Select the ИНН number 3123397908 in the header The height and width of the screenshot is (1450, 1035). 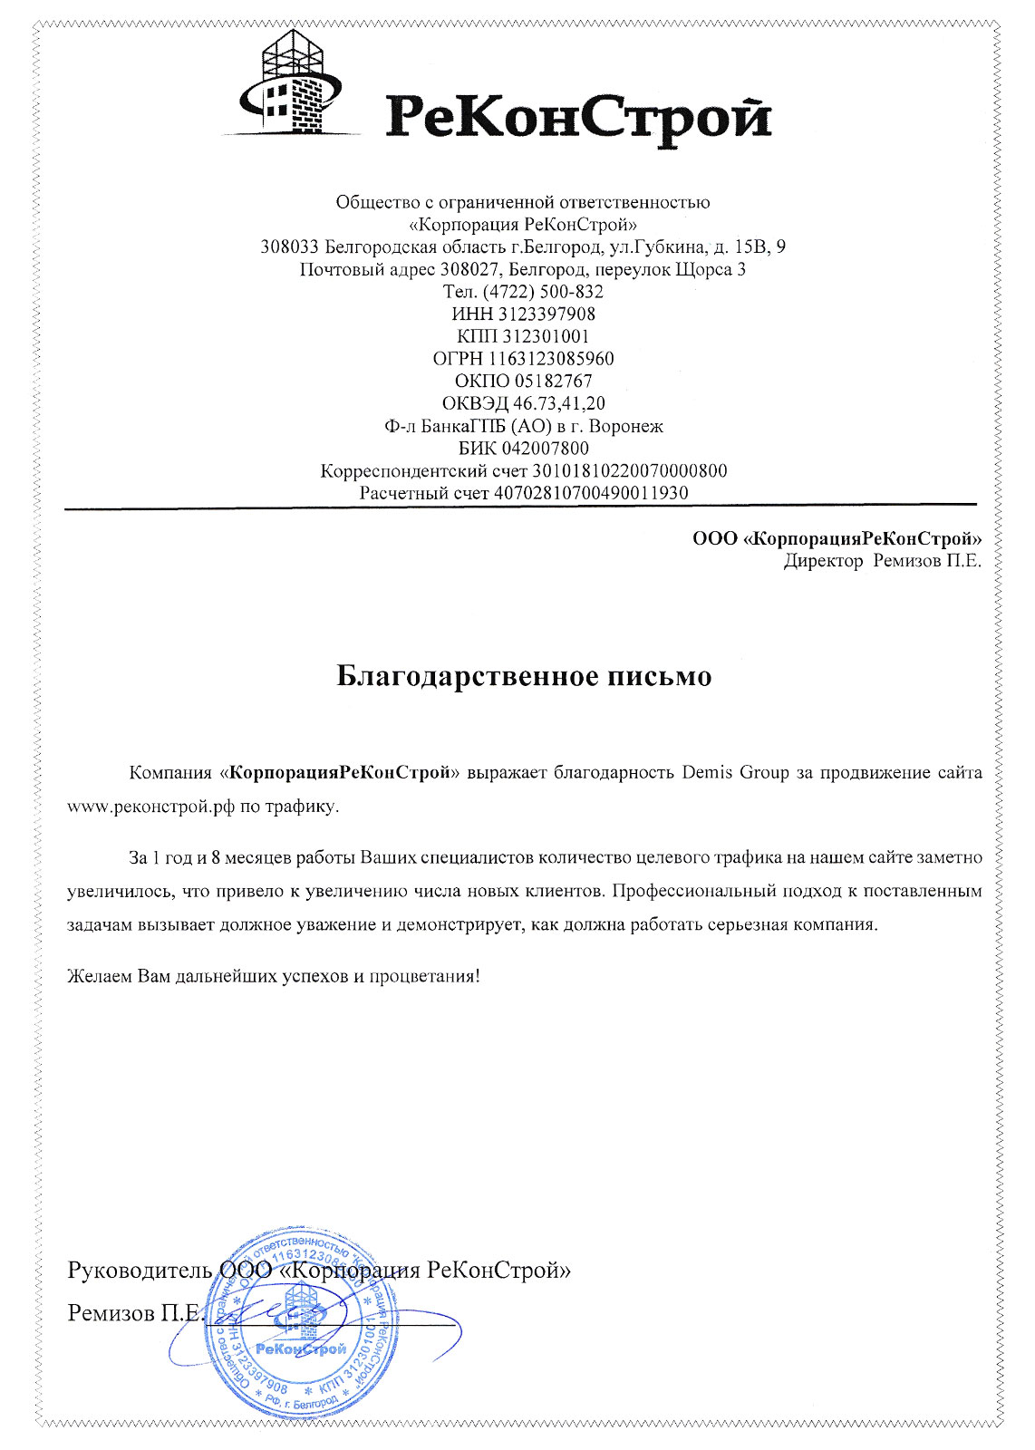click(x=547, y=314)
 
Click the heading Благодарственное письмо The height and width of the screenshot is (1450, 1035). click(x=524, y=676)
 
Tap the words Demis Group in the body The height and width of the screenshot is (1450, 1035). click(x=735, y=773)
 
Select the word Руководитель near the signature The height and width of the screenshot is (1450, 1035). click(x=140, y=1270)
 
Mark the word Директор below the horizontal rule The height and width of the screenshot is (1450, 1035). click(x=823, y=561)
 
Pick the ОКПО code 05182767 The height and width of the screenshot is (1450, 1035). click(x=554, y=382)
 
